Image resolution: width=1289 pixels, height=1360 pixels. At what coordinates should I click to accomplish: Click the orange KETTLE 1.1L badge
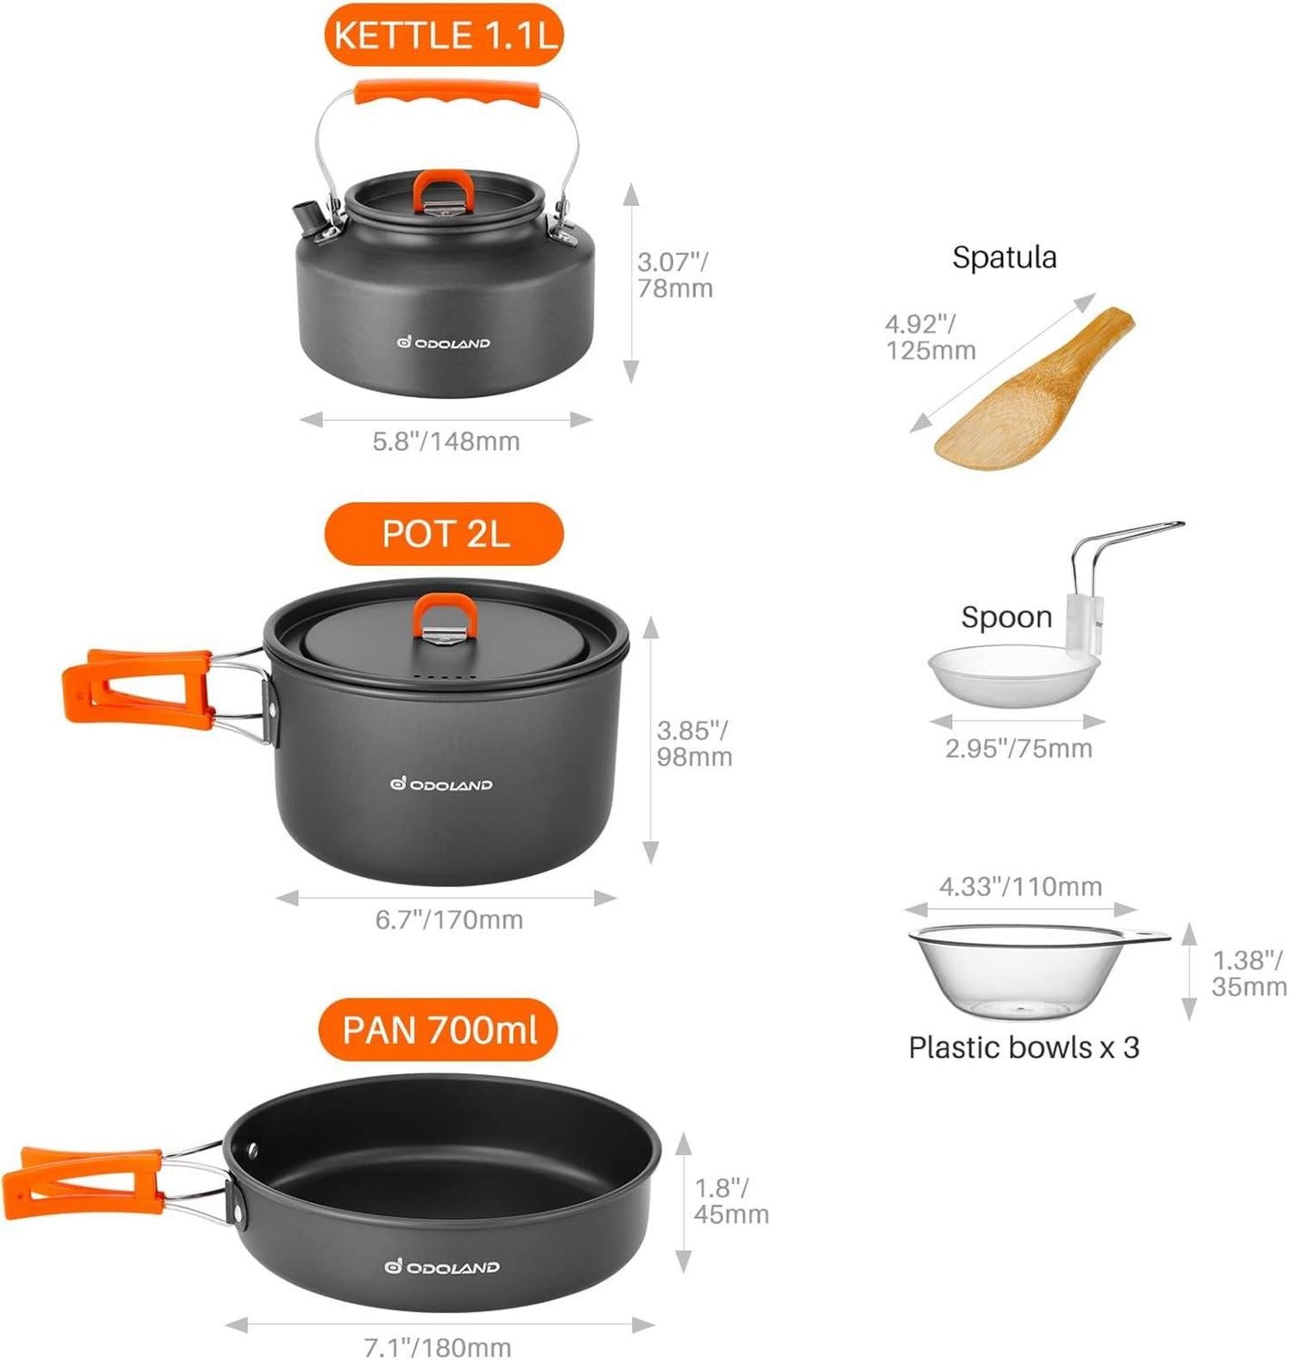click(443, 35)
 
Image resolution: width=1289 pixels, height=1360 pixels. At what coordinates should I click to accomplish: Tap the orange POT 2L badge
click(444, 534)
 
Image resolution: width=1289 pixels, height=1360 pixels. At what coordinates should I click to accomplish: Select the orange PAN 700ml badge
click(438, 1029)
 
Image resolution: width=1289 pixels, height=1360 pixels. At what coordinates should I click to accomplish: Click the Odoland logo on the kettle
click(443, 343)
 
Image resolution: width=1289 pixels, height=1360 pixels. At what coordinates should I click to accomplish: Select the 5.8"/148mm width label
click(446, 441)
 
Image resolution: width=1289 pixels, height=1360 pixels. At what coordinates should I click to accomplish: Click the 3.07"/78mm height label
click(675, 275)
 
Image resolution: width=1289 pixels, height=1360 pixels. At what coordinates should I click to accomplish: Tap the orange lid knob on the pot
click(445, 617)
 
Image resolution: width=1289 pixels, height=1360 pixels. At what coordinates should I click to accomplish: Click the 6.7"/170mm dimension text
click(449, 919)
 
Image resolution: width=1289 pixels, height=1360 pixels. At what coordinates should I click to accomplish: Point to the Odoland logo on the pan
click(442, 1266)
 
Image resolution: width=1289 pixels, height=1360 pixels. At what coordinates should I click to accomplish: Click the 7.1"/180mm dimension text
click(437, 1346)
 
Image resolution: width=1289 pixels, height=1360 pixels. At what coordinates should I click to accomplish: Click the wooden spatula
click(1035, 388)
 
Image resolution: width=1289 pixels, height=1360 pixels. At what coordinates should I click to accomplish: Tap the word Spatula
click(1005, 257)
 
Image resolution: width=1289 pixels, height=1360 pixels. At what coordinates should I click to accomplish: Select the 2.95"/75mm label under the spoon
click(1018, 748)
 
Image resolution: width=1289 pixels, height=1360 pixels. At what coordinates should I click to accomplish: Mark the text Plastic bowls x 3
click(1023, 1047)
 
